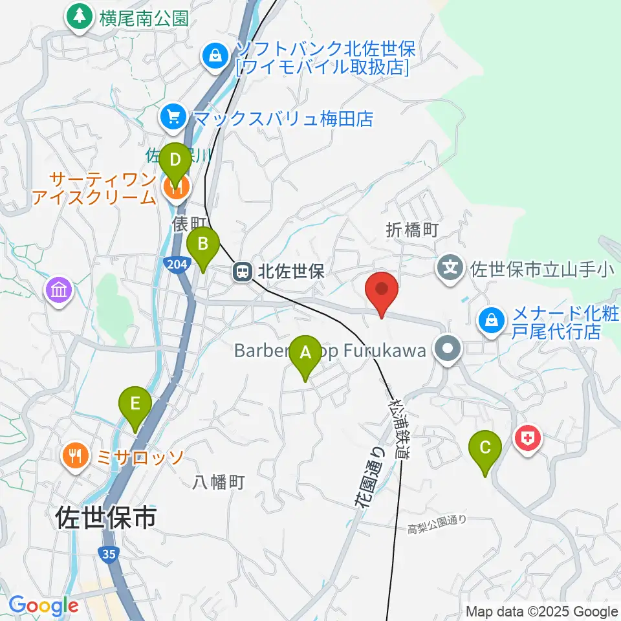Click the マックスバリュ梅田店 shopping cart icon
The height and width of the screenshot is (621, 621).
[173, 117]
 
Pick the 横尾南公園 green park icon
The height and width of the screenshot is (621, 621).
[80, 17]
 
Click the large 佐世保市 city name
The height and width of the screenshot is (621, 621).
[106, 517]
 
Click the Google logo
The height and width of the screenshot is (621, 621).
[43, 606]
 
